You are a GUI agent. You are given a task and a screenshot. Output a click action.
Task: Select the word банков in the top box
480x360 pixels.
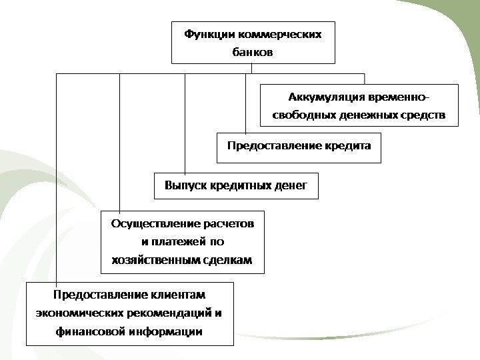[x=253, y=51]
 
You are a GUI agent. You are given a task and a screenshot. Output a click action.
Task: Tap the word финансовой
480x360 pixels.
[x=91, y=331]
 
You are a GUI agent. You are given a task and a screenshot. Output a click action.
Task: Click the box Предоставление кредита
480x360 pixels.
[x=299, y=148]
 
